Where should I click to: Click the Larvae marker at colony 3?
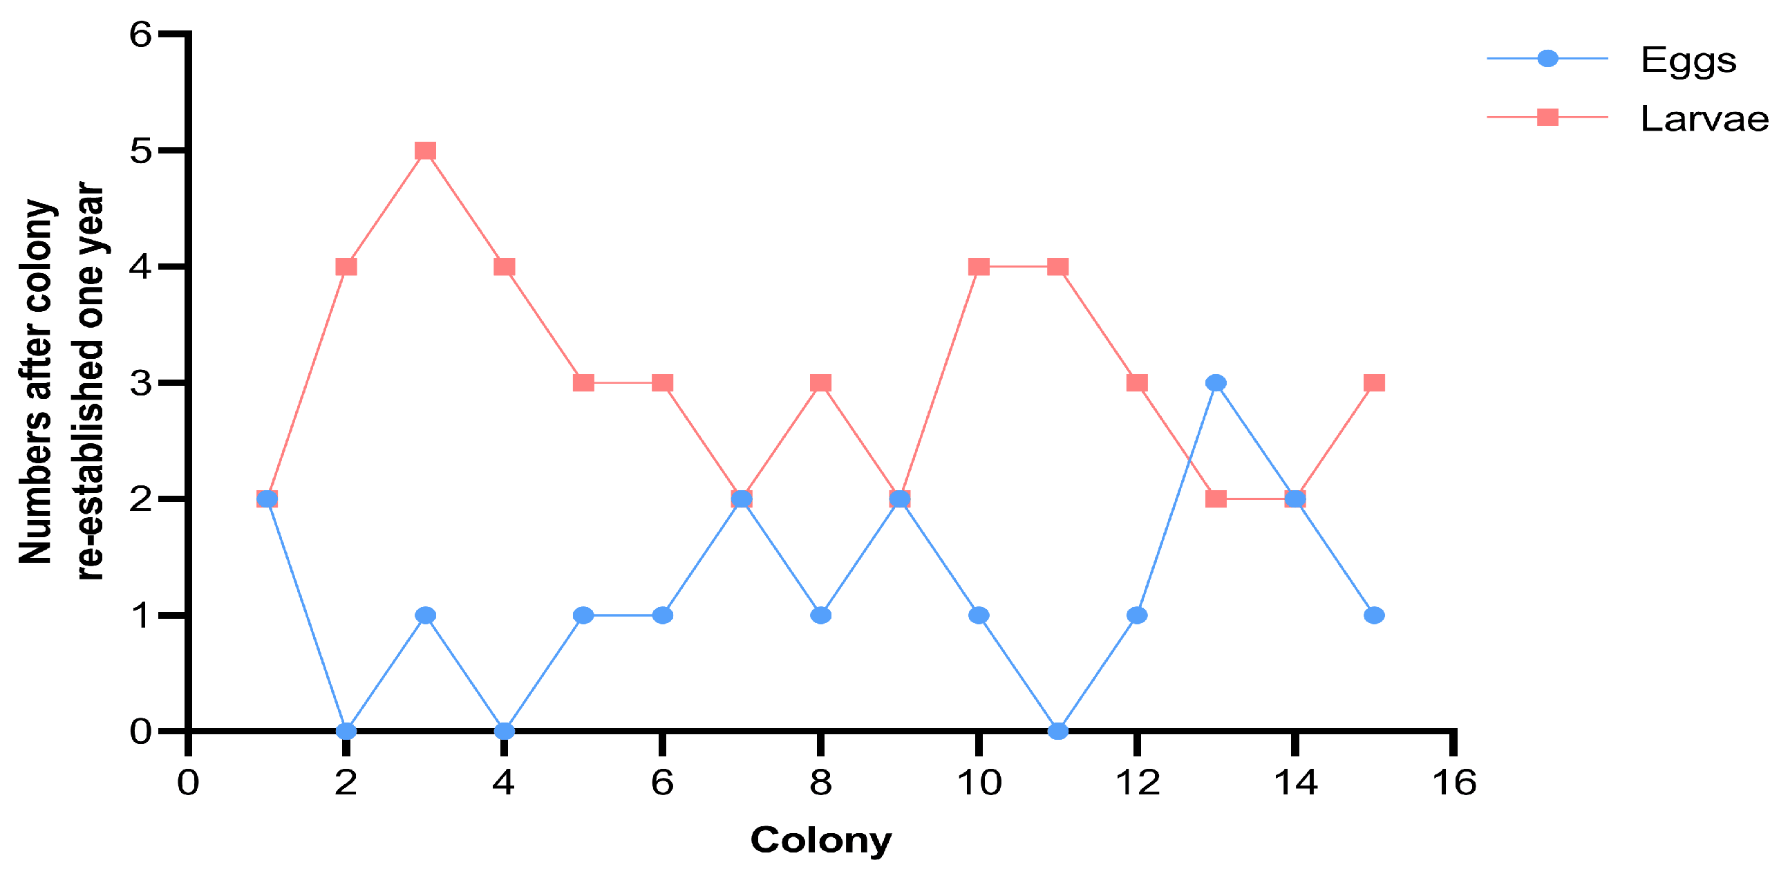[x=425, y=151]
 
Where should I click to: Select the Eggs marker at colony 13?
[x=1216, y=383]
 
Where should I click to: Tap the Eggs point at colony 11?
[x=1057, y=731]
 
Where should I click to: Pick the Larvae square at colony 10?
[x=979, y=267]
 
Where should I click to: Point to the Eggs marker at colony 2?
[x=346, y=731]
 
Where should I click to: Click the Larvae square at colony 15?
[x=1374, y=383]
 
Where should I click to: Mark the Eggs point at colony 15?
[x=1374, y=615]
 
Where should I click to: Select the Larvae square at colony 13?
[x=1216, y=498]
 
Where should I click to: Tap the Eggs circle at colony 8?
[x=820, y=615]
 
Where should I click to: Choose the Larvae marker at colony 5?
[x=583, y=383]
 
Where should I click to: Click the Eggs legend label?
[x=1688, y=61]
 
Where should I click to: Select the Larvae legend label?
[x=1704, y=119]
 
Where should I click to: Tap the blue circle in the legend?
[x=1547, y=59]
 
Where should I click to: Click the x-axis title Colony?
[x=821, y=841]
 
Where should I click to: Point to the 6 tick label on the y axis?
[x=140, y=35]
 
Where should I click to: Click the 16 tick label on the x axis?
[x=1453, y=783]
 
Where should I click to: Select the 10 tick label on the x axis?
[x=979, y=783]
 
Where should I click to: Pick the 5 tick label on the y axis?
[x=140, y=151]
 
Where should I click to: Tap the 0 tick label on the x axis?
[x=188, y=783]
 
